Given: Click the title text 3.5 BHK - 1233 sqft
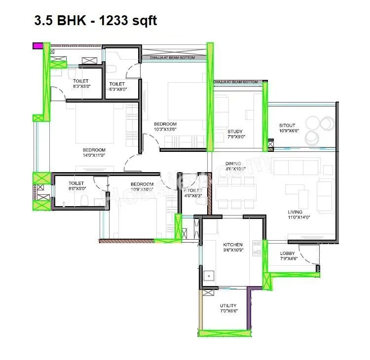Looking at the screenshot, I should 95,21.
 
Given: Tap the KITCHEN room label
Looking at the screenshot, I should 232,245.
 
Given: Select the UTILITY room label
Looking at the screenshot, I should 228,306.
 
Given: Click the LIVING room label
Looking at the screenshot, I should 296,213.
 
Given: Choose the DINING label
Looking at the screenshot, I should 233,164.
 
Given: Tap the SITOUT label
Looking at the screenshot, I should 287,126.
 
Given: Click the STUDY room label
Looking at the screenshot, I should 235,132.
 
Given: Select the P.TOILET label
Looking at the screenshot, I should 192,190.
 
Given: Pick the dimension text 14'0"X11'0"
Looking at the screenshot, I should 94,155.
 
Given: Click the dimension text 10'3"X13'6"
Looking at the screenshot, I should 165,129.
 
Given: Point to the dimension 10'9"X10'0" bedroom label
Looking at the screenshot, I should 142,189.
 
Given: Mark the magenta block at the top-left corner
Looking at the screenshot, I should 37,46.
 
